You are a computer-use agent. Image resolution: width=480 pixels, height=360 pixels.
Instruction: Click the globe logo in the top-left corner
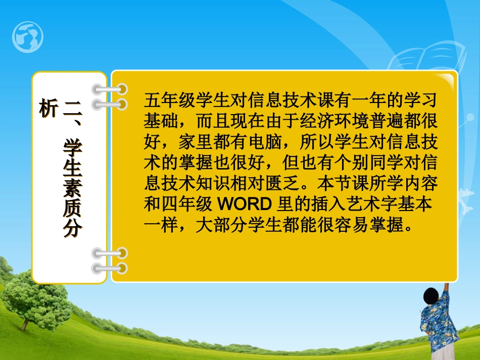[x=28, y=37]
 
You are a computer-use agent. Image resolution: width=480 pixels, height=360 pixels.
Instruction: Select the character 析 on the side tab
[x=48, y=108]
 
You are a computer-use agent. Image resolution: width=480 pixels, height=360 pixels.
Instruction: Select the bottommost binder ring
[x=109, y=268]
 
